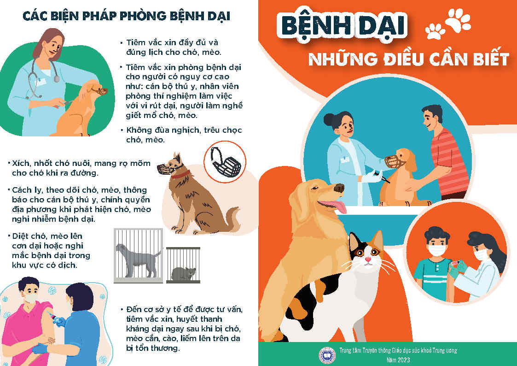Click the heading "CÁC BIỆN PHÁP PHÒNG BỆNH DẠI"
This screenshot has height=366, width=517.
(126, 16)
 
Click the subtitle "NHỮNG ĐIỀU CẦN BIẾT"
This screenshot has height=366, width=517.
(409, 59)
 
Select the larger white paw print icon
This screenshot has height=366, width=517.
(458, 20)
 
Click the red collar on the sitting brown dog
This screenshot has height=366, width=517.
(180, 174)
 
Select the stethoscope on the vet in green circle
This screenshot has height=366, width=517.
(40, 79)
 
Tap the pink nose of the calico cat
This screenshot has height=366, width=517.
(368, 260)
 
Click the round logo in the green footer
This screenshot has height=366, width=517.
(327, 355)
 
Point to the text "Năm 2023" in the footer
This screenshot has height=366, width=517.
(398, 359)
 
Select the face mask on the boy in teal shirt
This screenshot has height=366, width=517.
(437, 250)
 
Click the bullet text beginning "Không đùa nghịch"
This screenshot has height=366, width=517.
(181, 135)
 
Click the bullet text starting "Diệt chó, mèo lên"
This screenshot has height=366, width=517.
(49, 250)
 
